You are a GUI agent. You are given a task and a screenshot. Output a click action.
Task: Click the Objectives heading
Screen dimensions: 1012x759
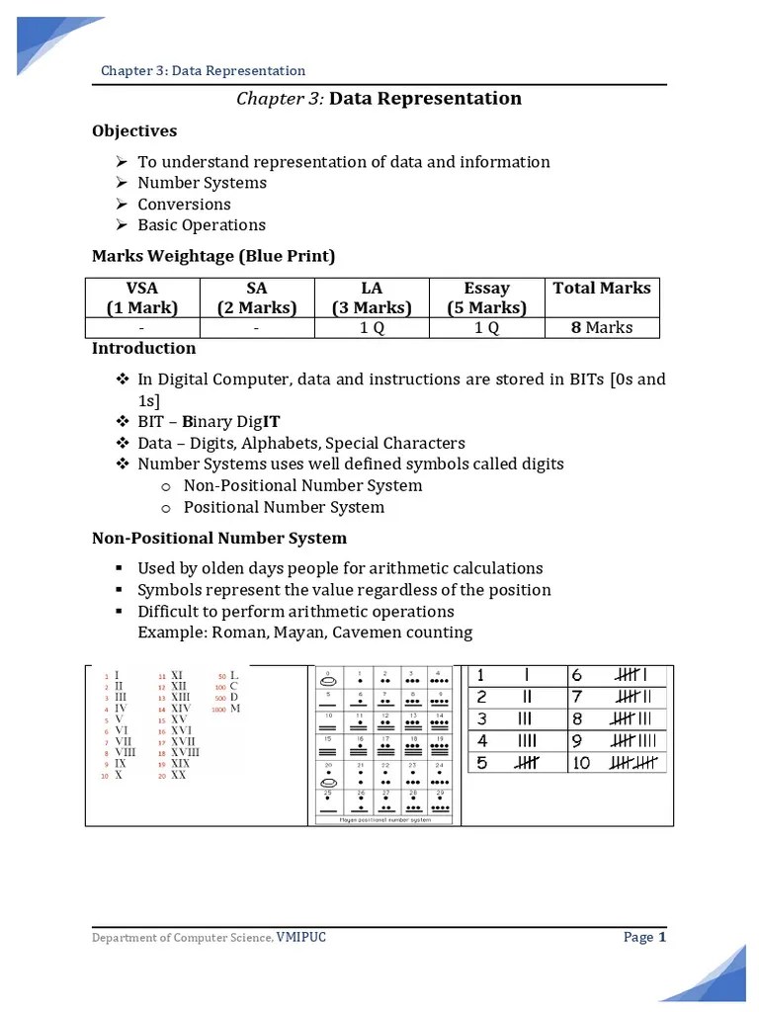(x=134, y=130)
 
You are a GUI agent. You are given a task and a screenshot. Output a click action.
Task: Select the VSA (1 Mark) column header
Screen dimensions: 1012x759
(x=142, y=297)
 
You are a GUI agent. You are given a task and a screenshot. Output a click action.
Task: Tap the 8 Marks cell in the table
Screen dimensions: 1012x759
(x=602, y=327)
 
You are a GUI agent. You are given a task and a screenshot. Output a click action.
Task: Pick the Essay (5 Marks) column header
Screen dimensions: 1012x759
(x=487, y=297)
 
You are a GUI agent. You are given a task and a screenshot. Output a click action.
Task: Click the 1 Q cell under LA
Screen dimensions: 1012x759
(x=372, y=327)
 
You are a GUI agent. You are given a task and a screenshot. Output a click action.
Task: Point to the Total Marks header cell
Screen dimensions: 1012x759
(x=602, y=289)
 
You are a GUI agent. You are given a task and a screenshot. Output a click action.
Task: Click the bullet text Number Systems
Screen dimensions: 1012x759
(x=202, y=183)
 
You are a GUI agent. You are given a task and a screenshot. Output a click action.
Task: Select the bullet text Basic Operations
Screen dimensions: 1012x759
(x=202, y=225)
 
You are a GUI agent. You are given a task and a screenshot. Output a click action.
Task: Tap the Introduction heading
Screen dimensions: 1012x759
(x=143, y=348)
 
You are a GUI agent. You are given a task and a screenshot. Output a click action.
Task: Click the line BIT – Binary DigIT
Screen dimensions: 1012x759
(x=210, y=421)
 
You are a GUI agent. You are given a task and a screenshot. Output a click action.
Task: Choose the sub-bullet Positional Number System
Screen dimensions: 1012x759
(x=284, y=507)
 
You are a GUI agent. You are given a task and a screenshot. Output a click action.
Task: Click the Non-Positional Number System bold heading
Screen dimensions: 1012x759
(x=219, y=539)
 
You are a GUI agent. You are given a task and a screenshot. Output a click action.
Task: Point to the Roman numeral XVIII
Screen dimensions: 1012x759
(x=185, y=752)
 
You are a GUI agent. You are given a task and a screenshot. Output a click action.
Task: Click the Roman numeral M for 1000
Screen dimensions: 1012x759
(x=235, y=709)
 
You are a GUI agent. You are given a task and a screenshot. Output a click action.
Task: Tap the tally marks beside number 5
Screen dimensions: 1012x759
(x=526, y=763)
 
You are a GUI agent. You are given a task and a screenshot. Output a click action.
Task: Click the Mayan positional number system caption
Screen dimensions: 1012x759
(x=384, y=819)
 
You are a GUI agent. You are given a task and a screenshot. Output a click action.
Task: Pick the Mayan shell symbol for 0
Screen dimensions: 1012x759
(x=327, y=681)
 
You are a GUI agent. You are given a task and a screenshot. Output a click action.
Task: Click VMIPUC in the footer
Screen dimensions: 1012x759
(x=300, y=937)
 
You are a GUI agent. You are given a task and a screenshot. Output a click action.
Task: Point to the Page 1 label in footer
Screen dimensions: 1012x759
(x=645, y=937)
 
